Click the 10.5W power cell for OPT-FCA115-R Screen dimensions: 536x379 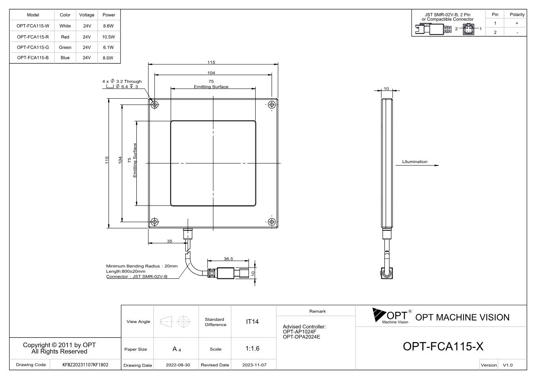109,37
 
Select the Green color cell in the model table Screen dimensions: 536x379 65,47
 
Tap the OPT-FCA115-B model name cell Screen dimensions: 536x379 33,58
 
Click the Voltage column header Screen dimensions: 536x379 87,15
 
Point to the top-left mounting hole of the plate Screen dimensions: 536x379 155,105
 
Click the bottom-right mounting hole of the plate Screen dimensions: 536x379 272,222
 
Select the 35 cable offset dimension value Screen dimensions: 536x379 169,241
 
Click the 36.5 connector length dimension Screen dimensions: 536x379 228,258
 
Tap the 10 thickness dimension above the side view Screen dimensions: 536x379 386,89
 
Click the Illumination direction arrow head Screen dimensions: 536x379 437,165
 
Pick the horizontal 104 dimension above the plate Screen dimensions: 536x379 211,73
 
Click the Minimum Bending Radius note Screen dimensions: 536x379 142,266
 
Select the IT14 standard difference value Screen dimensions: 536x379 252,322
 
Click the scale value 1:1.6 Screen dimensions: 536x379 252,348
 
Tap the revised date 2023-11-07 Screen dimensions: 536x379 254,365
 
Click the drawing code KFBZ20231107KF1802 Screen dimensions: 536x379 85,365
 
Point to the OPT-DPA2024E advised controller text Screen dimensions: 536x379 301,337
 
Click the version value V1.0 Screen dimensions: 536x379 507,365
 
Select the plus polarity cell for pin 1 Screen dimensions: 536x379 517,23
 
